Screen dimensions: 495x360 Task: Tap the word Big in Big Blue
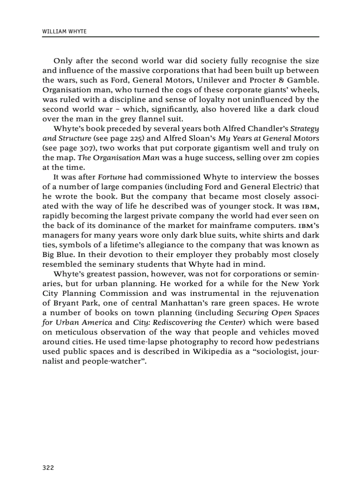click(48, 255)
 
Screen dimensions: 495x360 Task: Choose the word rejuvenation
click(291, 293)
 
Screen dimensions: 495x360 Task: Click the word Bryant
click(63, 303)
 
